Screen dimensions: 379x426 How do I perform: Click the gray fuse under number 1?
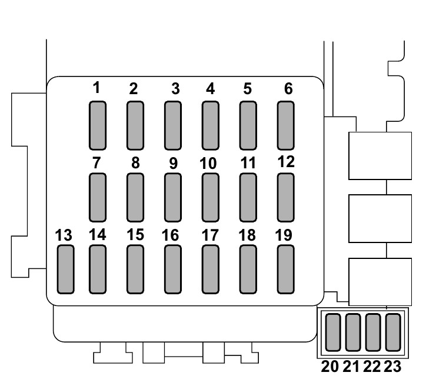[x=98, y=124]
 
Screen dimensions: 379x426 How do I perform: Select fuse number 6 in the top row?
[x=286, y=124]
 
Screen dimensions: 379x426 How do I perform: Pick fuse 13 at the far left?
[x=65, y=269]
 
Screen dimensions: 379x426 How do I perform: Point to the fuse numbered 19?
[x=286, y=269]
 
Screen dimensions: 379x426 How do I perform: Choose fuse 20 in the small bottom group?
[x=334, y=333]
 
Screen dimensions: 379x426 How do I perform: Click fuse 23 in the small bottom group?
[x=392, y=333]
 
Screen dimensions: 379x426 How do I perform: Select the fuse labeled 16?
[x=173, y=269]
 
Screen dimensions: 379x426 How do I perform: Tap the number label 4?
[x=210, y=89]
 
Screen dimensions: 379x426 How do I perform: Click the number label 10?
[x=208, y=164]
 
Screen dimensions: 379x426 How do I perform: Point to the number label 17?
[x=210, y=235]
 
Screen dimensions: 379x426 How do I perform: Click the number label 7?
[x=97, y=162]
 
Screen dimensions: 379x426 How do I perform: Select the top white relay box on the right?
[x=380, y=155]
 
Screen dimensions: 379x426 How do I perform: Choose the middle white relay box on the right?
[x=380, y=218]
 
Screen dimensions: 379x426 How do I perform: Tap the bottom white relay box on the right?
[x=380, y=281]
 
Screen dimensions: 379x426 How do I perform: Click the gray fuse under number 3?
[x=173, y=124]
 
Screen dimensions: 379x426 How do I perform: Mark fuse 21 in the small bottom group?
[x=353, y=333]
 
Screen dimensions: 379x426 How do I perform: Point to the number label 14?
[x=97, y=234]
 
